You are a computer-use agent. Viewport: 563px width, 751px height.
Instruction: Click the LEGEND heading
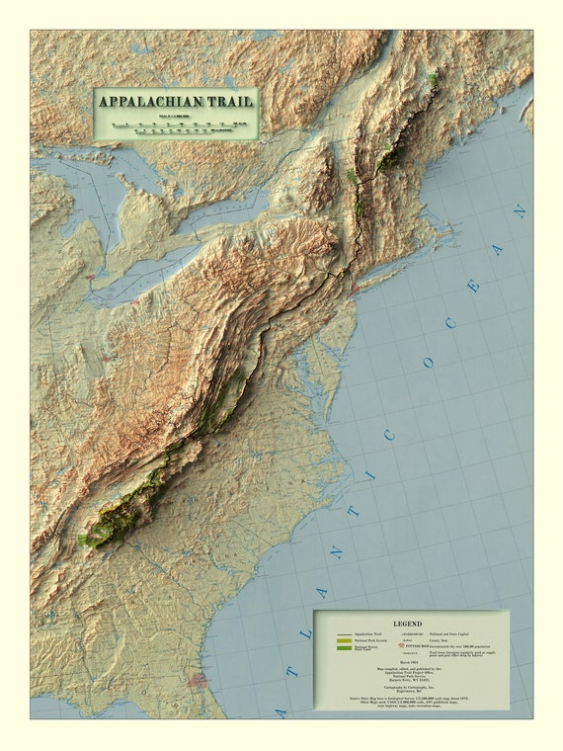407,624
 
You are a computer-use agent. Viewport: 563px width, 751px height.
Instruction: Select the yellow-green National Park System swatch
343,641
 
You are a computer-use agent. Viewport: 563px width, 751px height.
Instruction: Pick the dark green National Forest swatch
343,648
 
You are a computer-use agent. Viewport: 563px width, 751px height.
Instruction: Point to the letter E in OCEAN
474,286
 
